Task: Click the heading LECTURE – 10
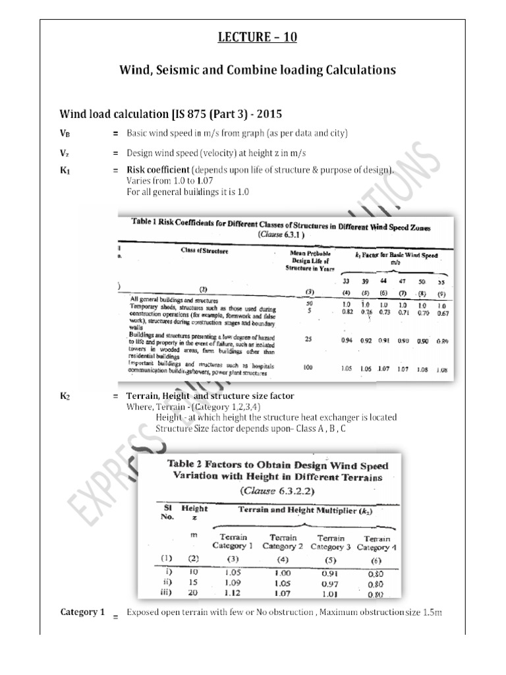pyautogui.click(x=258, y=37)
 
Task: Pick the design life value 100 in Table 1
pyautogui.click(x=308, y=368)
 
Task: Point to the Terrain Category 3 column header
pyautogui.click(x=332, y=542)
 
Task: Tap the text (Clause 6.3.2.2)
pyautogui.click(x=267, y=490)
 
